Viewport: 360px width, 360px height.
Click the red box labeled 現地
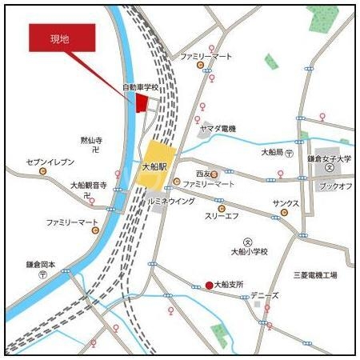62,38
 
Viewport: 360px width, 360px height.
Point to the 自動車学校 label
141,86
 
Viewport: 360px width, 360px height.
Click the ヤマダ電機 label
218,129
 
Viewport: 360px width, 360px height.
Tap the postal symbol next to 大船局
289,152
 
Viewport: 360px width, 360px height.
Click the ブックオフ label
335,186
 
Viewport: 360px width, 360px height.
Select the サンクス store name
286,203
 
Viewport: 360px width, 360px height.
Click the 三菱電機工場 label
314,274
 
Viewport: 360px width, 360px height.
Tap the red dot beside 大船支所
209,285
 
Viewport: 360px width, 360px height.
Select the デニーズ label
265,295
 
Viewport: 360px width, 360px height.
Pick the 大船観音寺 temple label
88,185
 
